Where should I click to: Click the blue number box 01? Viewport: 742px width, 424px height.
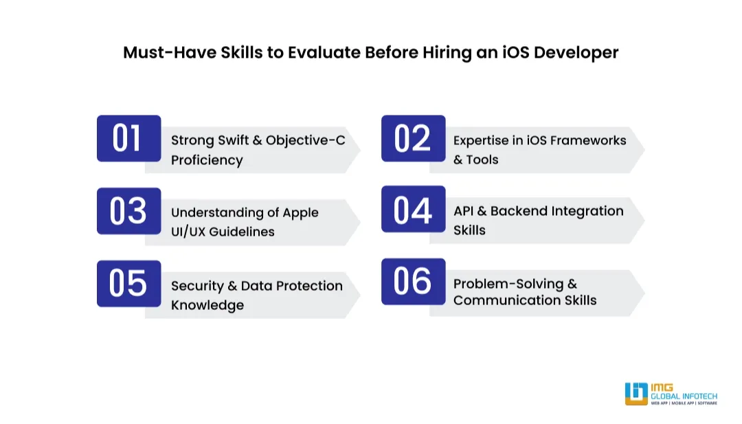coord(128,138)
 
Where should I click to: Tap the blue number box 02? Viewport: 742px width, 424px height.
coord(413,138)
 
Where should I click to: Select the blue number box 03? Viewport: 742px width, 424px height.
coord(128,211)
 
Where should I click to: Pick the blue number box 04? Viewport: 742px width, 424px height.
coord(413,209)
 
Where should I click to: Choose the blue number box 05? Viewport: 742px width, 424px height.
coord(128,283)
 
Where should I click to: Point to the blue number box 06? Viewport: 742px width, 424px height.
coord(413,281)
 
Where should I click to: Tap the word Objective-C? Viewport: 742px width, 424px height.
coord(306,141)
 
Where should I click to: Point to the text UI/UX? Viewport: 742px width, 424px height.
coord(188,232)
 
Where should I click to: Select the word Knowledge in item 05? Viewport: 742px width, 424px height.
coord(207,305)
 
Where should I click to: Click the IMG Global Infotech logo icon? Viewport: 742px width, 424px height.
coord(636,394)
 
